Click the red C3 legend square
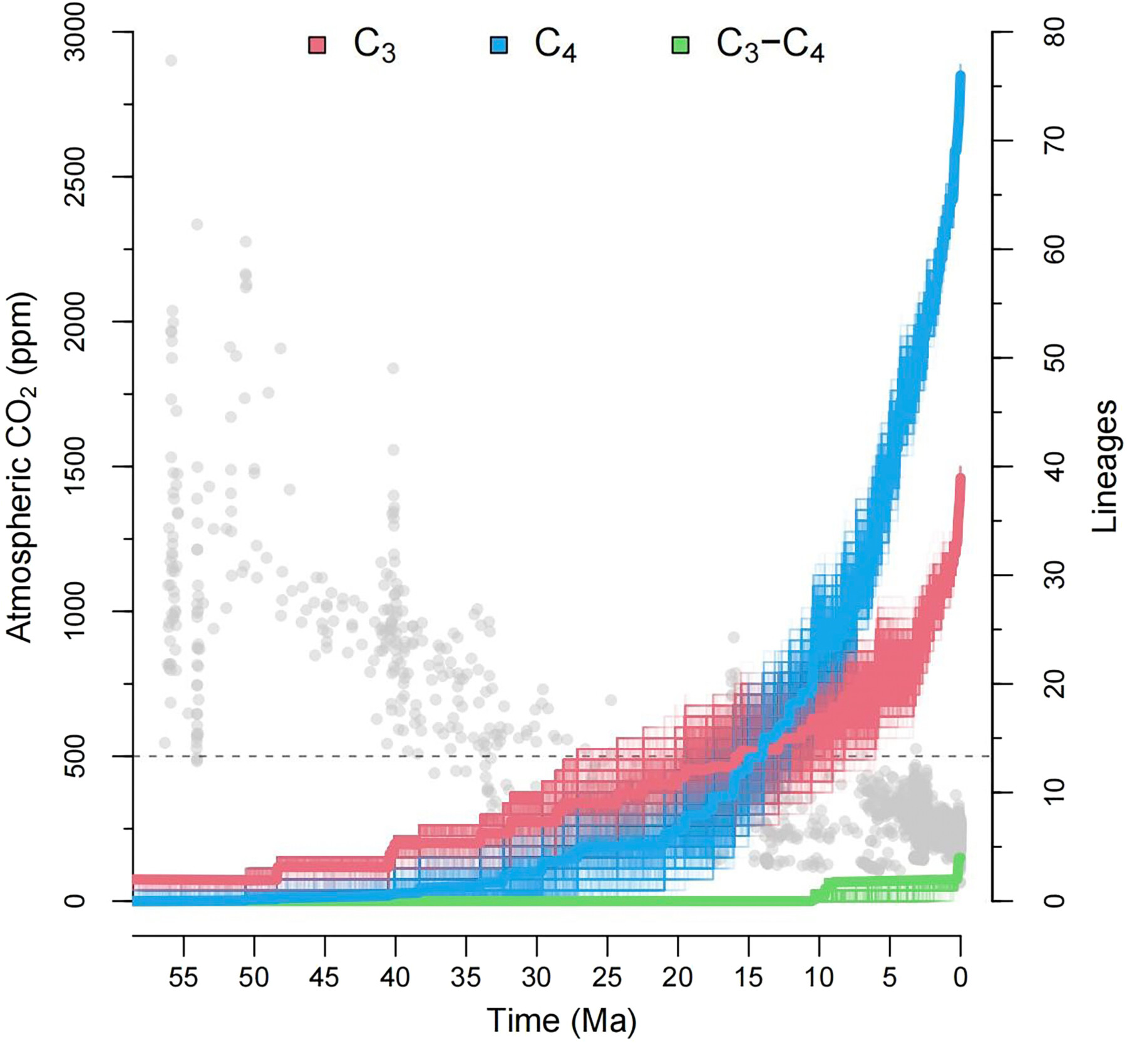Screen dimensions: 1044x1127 pyautogui.click(x=317, y=45)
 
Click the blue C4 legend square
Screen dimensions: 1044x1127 pyautogui.click(x=499, y=45)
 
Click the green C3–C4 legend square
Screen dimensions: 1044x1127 pyautogui.click(x=680, y=45)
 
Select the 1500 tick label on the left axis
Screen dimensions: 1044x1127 pyautogui.click(x=77, y=467)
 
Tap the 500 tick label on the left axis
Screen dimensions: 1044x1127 pyautogui.click(x=77, y=756)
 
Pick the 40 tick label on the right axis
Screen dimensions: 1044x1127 pyautogui.click(x=1057, y=467)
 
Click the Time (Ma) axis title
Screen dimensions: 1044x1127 pyautogui.click(x=562, y=1021)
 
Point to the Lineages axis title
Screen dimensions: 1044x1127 pyautogui.click(x=1105, y=466)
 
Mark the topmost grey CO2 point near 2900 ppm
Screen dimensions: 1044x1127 pyautogui.click(x=171, y=61)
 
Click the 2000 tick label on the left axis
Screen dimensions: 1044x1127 pyautogui.click(x=77, y=322)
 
